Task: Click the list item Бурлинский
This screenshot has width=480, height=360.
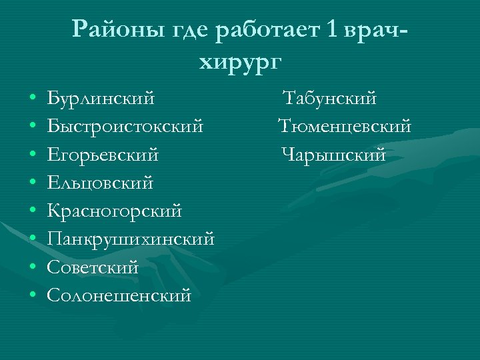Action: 101,99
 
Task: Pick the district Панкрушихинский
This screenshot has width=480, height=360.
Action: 131,239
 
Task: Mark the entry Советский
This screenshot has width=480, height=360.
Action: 93,267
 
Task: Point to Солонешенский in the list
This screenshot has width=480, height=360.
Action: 119,295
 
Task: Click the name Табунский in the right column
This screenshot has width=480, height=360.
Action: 330,99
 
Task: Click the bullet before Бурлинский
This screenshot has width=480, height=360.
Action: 32,99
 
